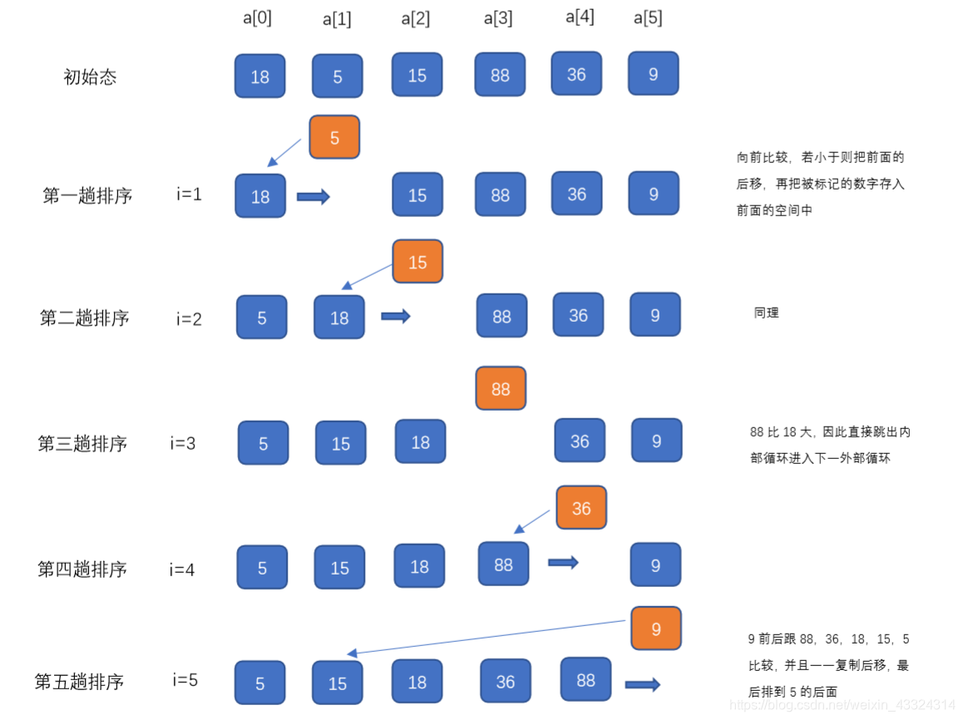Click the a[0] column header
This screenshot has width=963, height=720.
[x=257, y=18]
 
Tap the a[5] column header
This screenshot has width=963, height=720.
[x=648, y=18]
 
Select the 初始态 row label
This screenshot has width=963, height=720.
[x=90, y=77]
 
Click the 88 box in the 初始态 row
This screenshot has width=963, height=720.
[x=500, y=75]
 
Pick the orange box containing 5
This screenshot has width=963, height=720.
[x=334, y=137]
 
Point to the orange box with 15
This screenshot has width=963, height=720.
[x=417, y=262]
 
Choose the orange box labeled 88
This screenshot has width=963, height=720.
[x=501, y=388]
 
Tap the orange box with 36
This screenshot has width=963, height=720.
[x=581, y=508]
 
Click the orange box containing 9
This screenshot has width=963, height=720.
[x=656, y=629]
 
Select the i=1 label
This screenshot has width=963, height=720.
[x=189, y=195]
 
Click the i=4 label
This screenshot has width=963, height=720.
[x=182, y=570]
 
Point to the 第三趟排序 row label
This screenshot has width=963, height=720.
[x=82, y=443]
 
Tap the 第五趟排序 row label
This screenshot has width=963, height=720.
[x=79, y=682]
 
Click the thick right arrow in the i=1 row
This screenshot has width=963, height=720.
[x=314, y=197]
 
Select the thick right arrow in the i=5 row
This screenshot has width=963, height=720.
[x=642, y=684]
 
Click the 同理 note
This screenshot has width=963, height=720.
[x=766, y=313]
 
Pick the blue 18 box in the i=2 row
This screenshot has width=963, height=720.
[x=339, y=317]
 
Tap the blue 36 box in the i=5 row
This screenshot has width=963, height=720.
[x=506, y=682]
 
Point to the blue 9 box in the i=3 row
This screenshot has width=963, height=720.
[x=656, y=441]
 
